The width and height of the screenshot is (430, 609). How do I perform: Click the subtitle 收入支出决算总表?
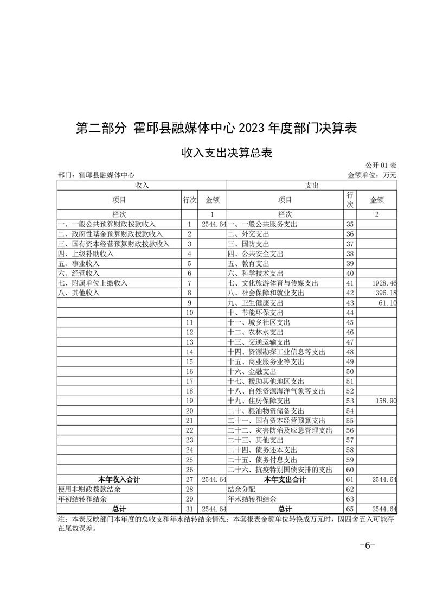226,153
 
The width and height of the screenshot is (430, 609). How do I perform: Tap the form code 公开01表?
381,165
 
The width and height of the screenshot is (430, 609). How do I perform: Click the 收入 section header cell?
142,185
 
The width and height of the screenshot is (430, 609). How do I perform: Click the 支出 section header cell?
312,185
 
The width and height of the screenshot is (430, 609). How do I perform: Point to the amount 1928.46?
383,283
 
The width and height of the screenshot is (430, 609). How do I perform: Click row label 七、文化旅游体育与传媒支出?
273,283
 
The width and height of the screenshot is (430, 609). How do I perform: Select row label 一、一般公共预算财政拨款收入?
107,224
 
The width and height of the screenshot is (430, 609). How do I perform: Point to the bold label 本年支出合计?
285,479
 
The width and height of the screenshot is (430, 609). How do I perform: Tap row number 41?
350,283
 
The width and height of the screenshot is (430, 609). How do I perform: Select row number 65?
350,509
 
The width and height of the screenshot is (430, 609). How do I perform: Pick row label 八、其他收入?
79,293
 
